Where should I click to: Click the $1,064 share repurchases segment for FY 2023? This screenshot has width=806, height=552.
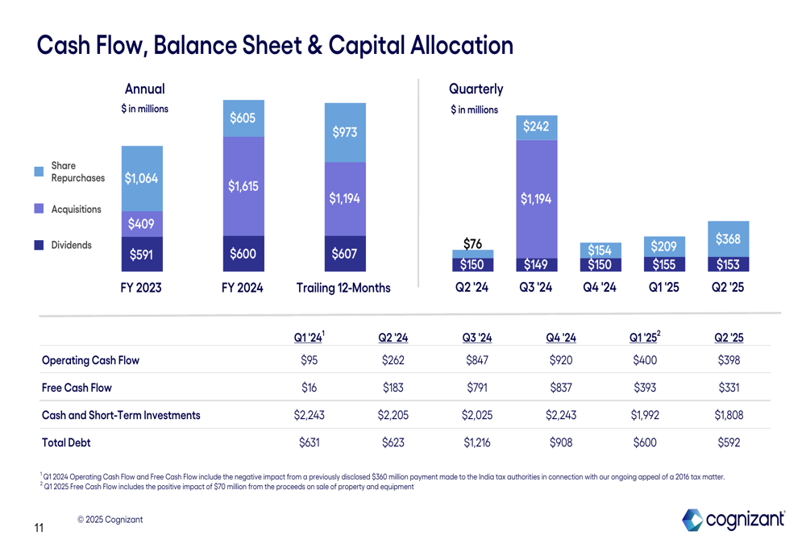coord(142,178)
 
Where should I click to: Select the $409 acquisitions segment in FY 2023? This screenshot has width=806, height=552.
coord(142,223)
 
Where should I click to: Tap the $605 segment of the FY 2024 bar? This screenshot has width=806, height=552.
coord(243,118)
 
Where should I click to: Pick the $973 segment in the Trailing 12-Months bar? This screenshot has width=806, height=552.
coord(344,132)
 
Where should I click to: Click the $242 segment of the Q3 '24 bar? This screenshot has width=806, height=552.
coord(536,127)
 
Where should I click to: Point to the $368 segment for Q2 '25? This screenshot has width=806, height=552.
coord(728,239)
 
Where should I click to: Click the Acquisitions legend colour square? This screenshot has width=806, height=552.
coord(39,209)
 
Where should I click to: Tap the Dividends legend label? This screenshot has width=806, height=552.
coord(72,245)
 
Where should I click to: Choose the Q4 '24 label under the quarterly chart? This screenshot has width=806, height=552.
coord(599,287)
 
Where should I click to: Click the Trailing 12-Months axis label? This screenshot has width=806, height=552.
coord(343,288)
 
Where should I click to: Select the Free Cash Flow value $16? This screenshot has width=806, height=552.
coord(310,388)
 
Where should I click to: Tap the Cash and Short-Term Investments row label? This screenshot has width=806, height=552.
coord(121,415)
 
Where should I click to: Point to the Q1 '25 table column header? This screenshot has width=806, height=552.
coord(644,337)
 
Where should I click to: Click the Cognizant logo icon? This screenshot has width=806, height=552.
coord(692,520)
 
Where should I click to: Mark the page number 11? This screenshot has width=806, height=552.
coord(39,529)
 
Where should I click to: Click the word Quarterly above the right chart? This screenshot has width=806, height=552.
coord(476,89)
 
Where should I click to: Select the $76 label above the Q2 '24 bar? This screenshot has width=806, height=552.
coord(472,243)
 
